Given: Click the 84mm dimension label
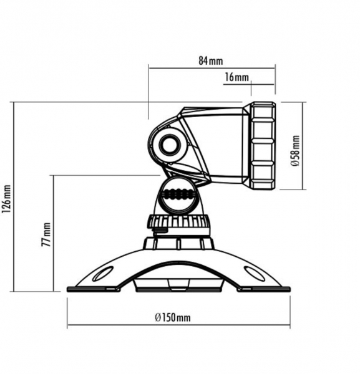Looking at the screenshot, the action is point(211,61).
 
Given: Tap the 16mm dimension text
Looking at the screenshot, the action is point(236,77).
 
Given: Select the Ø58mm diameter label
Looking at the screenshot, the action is point(295,151).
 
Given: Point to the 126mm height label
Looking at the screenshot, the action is point(7,199).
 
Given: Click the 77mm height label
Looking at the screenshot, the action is point(46,234).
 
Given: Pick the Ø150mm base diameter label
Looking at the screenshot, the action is point(173,317).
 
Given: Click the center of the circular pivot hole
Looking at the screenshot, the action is point(170,145).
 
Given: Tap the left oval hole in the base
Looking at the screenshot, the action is point(103,274).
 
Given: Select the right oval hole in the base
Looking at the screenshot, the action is point(255,274).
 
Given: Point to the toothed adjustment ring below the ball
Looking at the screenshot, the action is point(178,221).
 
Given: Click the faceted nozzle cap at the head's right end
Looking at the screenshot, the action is point(262,146).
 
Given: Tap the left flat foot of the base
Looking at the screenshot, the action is point(94,289).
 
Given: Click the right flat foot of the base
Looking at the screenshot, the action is point(263,289).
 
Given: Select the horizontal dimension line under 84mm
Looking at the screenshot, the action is point(212,68).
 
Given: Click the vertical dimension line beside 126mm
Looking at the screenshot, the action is point(14,197).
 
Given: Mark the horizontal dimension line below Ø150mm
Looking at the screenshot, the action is point(178,325).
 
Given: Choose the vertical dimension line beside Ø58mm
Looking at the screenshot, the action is point(303,146).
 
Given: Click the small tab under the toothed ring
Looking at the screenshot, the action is point(160,229).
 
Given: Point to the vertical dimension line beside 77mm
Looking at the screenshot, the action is point(54,234).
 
